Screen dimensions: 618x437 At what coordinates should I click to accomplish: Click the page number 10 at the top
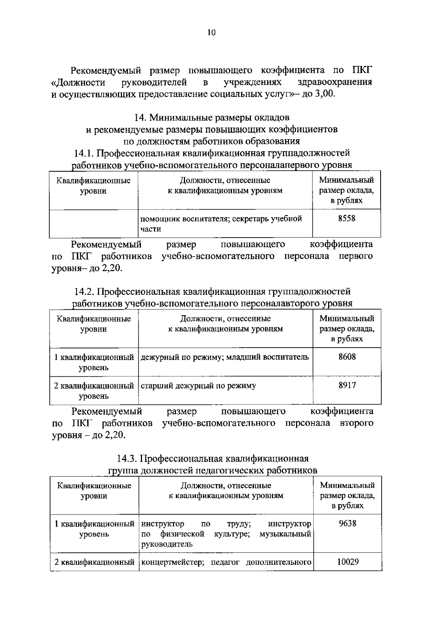click(x=212, y=33)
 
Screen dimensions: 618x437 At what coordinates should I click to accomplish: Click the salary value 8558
click(x=346, y=219)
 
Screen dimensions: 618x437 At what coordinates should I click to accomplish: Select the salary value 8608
click(x=347, y=357)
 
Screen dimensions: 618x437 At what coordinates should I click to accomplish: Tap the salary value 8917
click(x=347, y=386)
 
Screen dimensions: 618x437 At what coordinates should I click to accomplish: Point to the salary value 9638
click(x=347, y=524)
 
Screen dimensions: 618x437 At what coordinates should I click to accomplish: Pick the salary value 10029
click(x=347, y=562)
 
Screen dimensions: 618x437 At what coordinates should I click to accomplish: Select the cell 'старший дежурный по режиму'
click(x=198, y=386)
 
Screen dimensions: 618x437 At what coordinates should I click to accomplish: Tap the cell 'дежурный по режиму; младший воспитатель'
click(x=224, y=357)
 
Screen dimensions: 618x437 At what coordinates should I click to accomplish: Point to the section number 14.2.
click(x=84, y=292)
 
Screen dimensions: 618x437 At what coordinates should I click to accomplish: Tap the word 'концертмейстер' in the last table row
click(x=168, y=562)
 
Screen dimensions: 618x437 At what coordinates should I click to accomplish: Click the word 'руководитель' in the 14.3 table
click(x=166, y=544)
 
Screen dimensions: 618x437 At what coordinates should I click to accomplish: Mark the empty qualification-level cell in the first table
click(x=94, y=223)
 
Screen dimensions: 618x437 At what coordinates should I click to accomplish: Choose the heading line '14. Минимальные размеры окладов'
click(x=212, y=117)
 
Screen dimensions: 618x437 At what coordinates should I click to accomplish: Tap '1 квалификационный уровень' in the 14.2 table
click(x=94, y=362)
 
